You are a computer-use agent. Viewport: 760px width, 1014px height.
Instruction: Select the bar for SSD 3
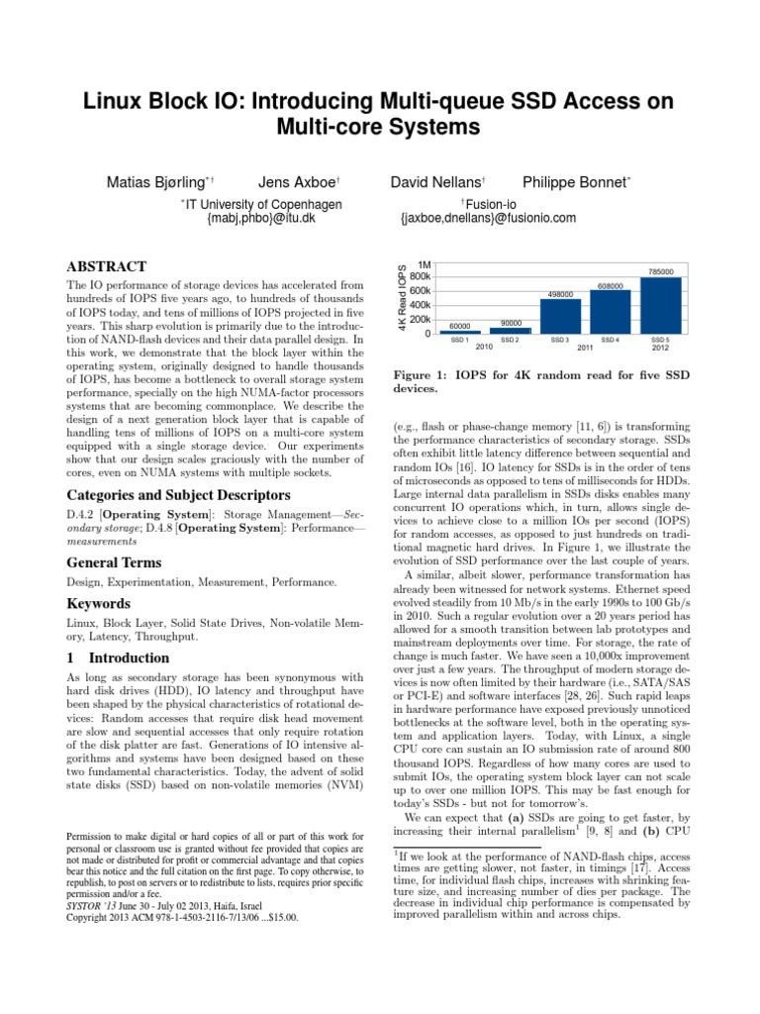tap(560, 316)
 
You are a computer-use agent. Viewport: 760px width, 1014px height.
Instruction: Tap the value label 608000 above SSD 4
tap(611, 286)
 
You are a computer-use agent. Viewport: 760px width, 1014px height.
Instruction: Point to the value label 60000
tap(459, 325)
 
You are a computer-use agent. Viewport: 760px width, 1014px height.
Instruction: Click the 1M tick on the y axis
tap(424, 264)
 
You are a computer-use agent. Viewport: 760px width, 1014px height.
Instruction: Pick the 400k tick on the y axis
tap(421, 305)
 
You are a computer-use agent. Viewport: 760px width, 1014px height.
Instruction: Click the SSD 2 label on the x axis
tap(510, 340)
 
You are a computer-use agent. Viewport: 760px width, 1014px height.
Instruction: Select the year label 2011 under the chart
tap(585, 348)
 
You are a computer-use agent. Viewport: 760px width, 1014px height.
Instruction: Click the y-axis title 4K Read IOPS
tap(402, 297)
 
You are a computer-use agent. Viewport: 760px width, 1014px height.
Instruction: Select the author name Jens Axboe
tap(299, 182)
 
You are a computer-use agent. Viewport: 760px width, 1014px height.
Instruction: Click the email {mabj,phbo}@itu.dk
tap(260, 218)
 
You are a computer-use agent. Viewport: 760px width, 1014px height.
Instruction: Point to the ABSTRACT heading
tap(106, 266)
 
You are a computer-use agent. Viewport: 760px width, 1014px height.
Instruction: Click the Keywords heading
tap(99, 602)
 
